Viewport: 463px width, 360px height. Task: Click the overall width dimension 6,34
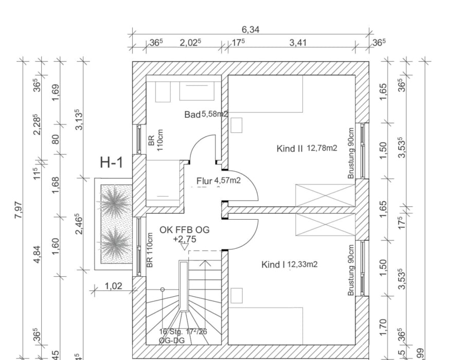tap(251, 30)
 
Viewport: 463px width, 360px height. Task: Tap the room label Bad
tap(192, 114)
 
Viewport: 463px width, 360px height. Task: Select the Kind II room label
tap(290, 149)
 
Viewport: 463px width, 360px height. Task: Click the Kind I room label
tap(273, 265)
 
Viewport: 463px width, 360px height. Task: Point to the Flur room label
tap(204, 181)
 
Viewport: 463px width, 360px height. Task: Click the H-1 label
tap(112, 163)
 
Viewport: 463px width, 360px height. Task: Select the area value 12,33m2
tap(302, 265)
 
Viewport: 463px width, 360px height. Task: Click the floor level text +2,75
tap(185, 240)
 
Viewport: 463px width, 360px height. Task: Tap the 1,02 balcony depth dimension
tap(114, 286)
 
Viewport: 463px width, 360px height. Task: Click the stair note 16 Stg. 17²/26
tap(183, 332)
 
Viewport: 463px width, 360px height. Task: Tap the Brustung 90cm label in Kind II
tap(352, 153)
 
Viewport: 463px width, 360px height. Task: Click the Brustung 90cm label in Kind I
tap(352, 270)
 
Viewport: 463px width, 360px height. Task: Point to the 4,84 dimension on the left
tap(37, 256)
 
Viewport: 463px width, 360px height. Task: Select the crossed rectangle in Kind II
tap(325, 195)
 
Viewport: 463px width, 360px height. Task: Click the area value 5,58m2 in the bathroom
tap(214, 114)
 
